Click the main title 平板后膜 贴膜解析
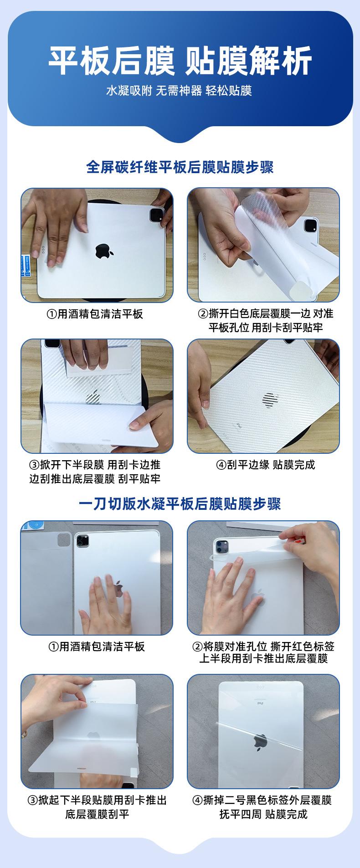(x=180, y=60)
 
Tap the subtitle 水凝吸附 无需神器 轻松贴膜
(x=179, y=90)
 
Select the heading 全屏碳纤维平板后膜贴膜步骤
(x=180, y=167)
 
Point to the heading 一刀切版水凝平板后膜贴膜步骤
(x=180, y=503)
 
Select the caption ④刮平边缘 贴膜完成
(x=265, y=465)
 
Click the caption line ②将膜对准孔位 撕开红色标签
(x=263, y=646)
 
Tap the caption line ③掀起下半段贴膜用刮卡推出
(x=97, y=800)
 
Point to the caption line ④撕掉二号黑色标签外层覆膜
(x=262, y=800)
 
